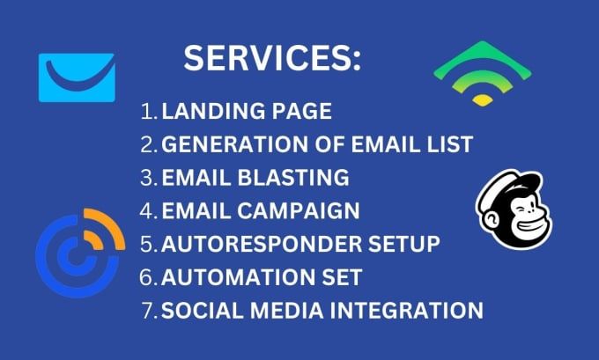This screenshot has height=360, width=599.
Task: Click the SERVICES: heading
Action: tap(272, 58)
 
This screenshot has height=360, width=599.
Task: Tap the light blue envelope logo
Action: tap(77, 77)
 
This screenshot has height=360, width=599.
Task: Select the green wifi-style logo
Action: tap(483, 73)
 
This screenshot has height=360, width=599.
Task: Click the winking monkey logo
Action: tap(514, 209)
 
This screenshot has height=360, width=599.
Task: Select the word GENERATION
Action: tap(234, 144)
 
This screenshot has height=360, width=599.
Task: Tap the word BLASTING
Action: tap(293, 178)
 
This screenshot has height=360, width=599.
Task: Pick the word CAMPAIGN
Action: tap(299, 210)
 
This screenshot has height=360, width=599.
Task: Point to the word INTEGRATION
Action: tap(406, 311)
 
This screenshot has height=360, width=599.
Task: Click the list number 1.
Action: tap(149, 111)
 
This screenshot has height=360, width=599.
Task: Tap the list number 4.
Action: tap(149, 210)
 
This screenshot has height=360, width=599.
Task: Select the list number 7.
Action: tap(150, 311)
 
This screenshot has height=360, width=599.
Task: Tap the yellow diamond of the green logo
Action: tap(483, 100)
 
